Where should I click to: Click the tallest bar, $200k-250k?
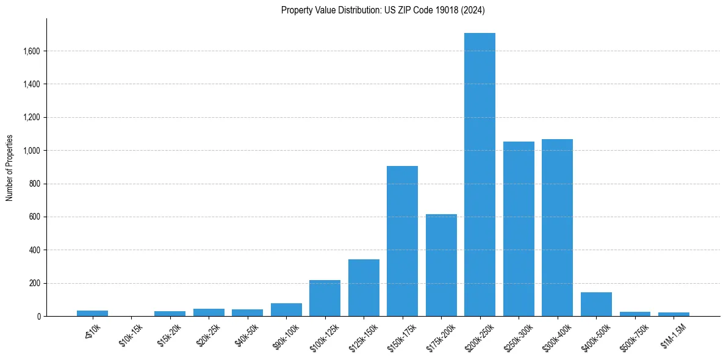coord(480,175)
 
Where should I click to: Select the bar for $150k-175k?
coord(402,241)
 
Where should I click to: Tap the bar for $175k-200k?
coord(441,265)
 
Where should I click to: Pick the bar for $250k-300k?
coord(519,229)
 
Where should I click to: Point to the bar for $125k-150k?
coord(364,287)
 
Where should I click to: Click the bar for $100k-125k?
coord(325,298)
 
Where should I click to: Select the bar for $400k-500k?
coord(596,304)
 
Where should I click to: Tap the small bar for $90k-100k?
coord(286,309)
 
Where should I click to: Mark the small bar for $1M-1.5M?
coord(674,314)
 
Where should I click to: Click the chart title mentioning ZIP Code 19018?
coord(383,10)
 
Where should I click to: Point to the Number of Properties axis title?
coord(9,168)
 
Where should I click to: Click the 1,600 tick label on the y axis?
coord(31,51)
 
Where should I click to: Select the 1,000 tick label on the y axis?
coord(31,150)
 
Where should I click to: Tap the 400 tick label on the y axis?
coord(34,250)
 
